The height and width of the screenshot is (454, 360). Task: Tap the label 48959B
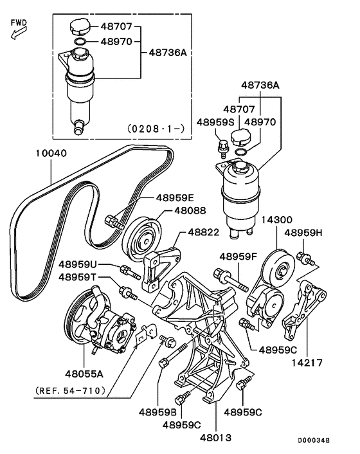[x=157, y=412]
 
